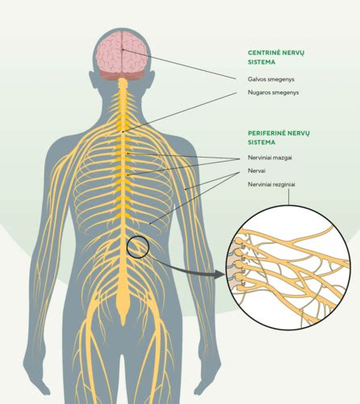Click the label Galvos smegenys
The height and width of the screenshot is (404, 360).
pyautogui.click(x=271, y=79)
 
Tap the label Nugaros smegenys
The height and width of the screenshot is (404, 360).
pyautogui.click(x=273, y=93)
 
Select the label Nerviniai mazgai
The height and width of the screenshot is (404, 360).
pyautogui.click(x=270, y=158)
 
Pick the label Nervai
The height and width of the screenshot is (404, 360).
pyautogui.click(x=257, y=170)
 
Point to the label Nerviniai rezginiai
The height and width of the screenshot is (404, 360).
pyautogui.click(x=271, y=184)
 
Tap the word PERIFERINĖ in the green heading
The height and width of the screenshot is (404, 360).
pyautogui.click(x=266, y=133)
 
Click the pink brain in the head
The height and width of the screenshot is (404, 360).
pyautogui.click(x=122, y=53)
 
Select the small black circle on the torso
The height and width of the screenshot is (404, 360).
pyautogui.click(x=138, y=247)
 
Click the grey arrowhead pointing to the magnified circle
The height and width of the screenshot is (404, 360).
pyautogui.click(x=220, y=275)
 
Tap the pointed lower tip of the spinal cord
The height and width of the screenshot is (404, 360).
pyautogui.click(x=123, y=326)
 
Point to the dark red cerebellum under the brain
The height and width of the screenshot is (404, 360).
pyautogui.click(x=123, y=75)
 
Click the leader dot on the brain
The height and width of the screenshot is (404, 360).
pyautogui.click(x=123, y=49)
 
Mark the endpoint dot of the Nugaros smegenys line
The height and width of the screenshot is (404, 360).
pyautogui.click(x=123, y=132)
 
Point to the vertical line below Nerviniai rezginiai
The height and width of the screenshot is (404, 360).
pyautogui.click(x=288, y=196)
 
